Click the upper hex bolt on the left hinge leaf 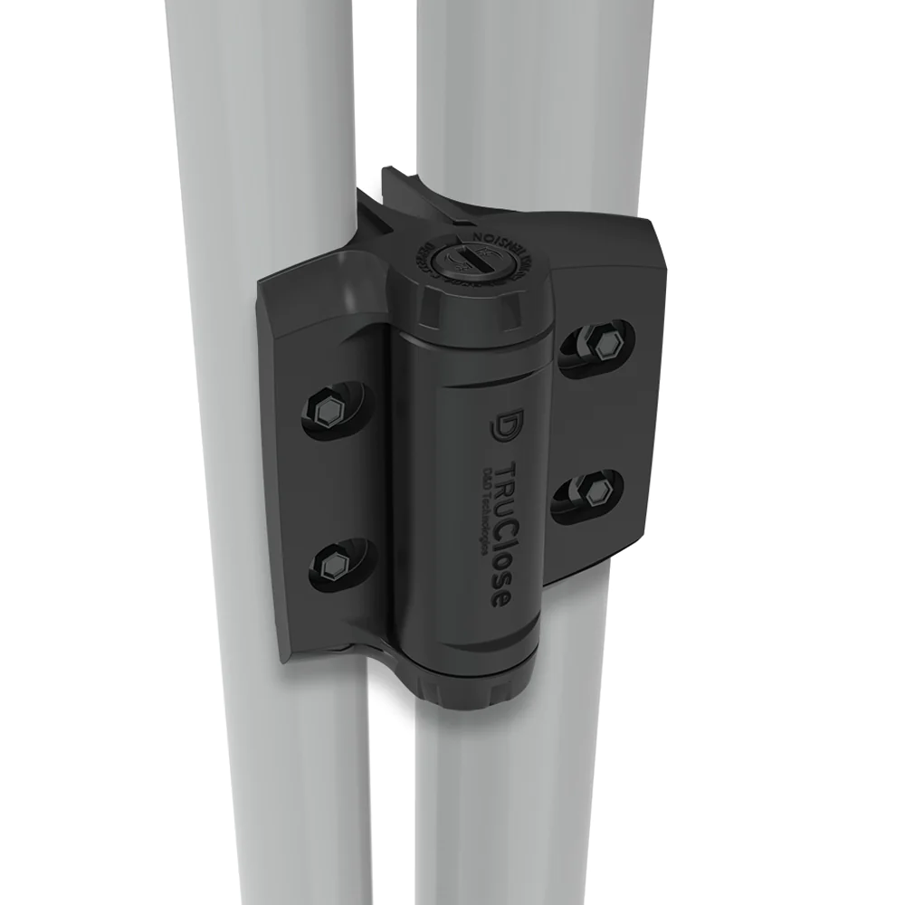328,410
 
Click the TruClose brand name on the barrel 507,534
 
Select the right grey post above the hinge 534,90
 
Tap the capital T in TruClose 508,471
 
